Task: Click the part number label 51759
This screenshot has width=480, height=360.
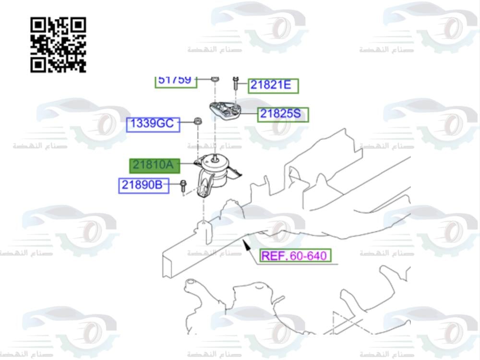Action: pos(176,81)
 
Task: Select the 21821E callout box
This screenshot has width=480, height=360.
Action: pos(273,86)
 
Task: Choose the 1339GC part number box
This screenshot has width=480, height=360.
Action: pos(153,124)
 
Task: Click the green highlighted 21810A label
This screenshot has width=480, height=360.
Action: pos(153,166)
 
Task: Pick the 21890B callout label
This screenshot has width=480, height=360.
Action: pos(144,185)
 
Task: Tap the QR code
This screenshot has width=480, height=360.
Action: pos(58,45)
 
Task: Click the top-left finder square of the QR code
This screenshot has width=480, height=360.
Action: pos(38,24)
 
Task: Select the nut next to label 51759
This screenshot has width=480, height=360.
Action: pos(216,79)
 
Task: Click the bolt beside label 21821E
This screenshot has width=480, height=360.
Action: pos(236,84)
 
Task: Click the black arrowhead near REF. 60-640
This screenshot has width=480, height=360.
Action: pos(247,246)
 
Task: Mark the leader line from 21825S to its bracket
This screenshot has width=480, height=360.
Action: pos(249,114)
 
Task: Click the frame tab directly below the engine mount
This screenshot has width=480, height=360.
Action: pos(205,230)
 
